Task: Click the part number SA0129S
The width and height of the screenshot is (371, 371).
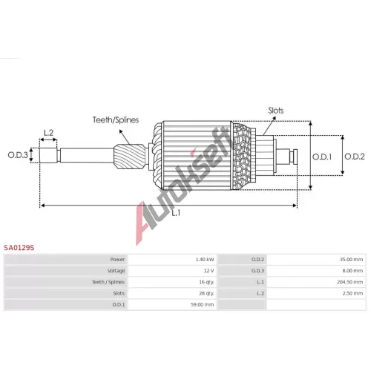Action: point(19,248)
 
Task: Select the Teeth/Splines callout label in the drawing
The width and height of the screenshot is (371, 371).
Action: point(116,120)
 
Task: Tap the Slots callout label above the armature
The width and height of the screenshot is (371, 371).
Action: point(276,111)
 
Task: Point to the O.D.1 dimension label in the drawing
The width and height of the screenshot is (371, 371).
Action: point(322,157)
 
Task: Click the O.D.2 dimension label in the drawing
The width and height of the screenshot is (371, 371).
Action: point(355,157)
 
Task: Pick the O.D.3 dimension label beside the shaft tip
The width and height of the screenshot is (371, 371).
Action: point(18,155)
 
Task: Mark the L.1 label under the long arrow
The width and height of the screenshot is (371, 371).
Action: point(176,213)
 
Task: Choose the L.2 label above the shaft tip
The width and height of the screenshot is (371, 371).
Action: point(48,133)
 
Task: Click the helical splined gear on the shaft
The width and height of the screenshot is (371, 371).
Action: point(129,157)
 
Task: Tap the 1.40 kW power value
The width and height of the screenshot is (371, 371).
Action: point(205,260)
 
